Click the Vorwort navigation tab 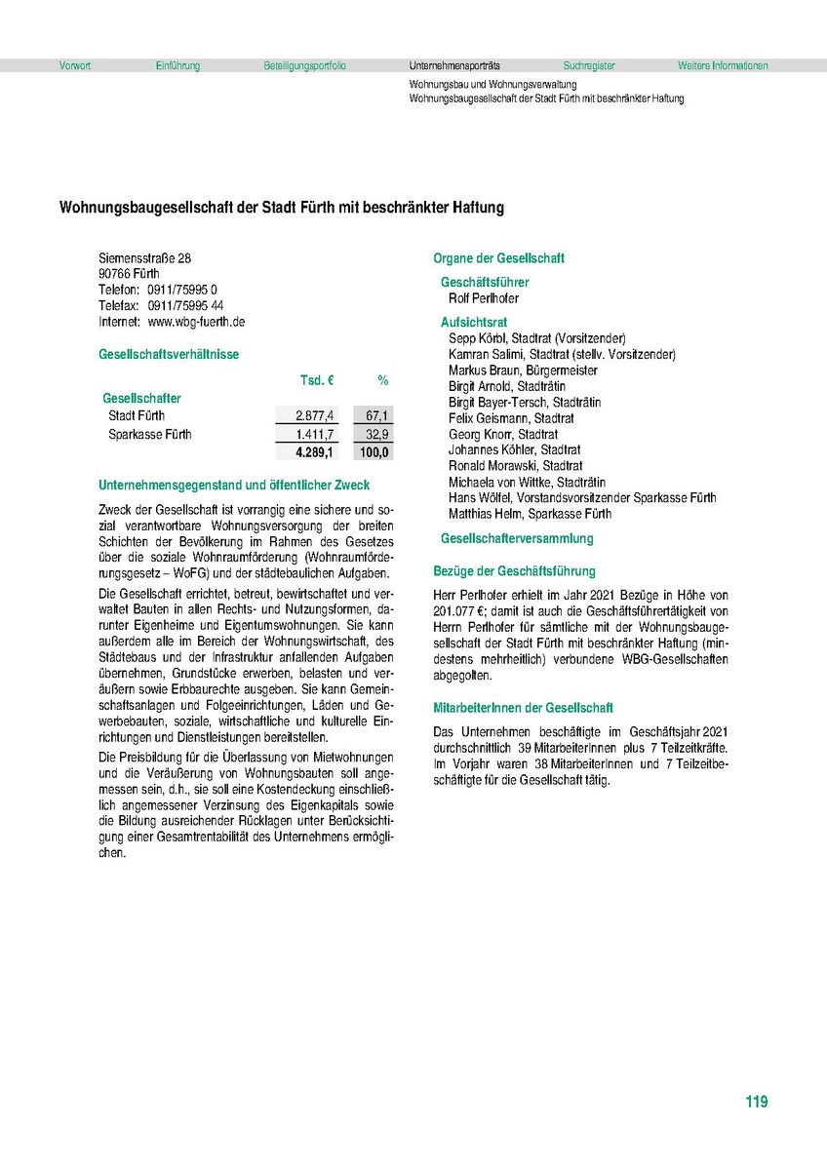pos(75,66)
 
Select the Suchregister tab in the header pos(589,66)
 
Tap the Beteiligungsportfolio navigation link pos(304,66)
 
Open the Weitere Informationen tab pos(723,66)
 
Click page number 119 pos(756,1102)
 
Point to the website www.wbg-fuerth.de pos(196,321)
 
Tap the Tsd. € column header pos(317,380)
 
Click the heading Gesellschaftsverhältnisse pos(169,355)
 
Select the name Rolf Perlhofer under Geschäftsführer pos(484,298)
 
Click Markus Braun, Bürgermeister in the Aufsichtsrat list pos(523,370)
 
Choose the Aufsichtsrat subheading pos(474,322)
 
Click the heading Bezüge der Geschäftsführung pos(514,571)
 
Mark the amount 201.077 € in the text pos(463,611)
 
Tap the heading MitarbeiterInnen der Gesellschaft pos(523,708)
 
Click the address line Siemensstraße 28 pos(145,258)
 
